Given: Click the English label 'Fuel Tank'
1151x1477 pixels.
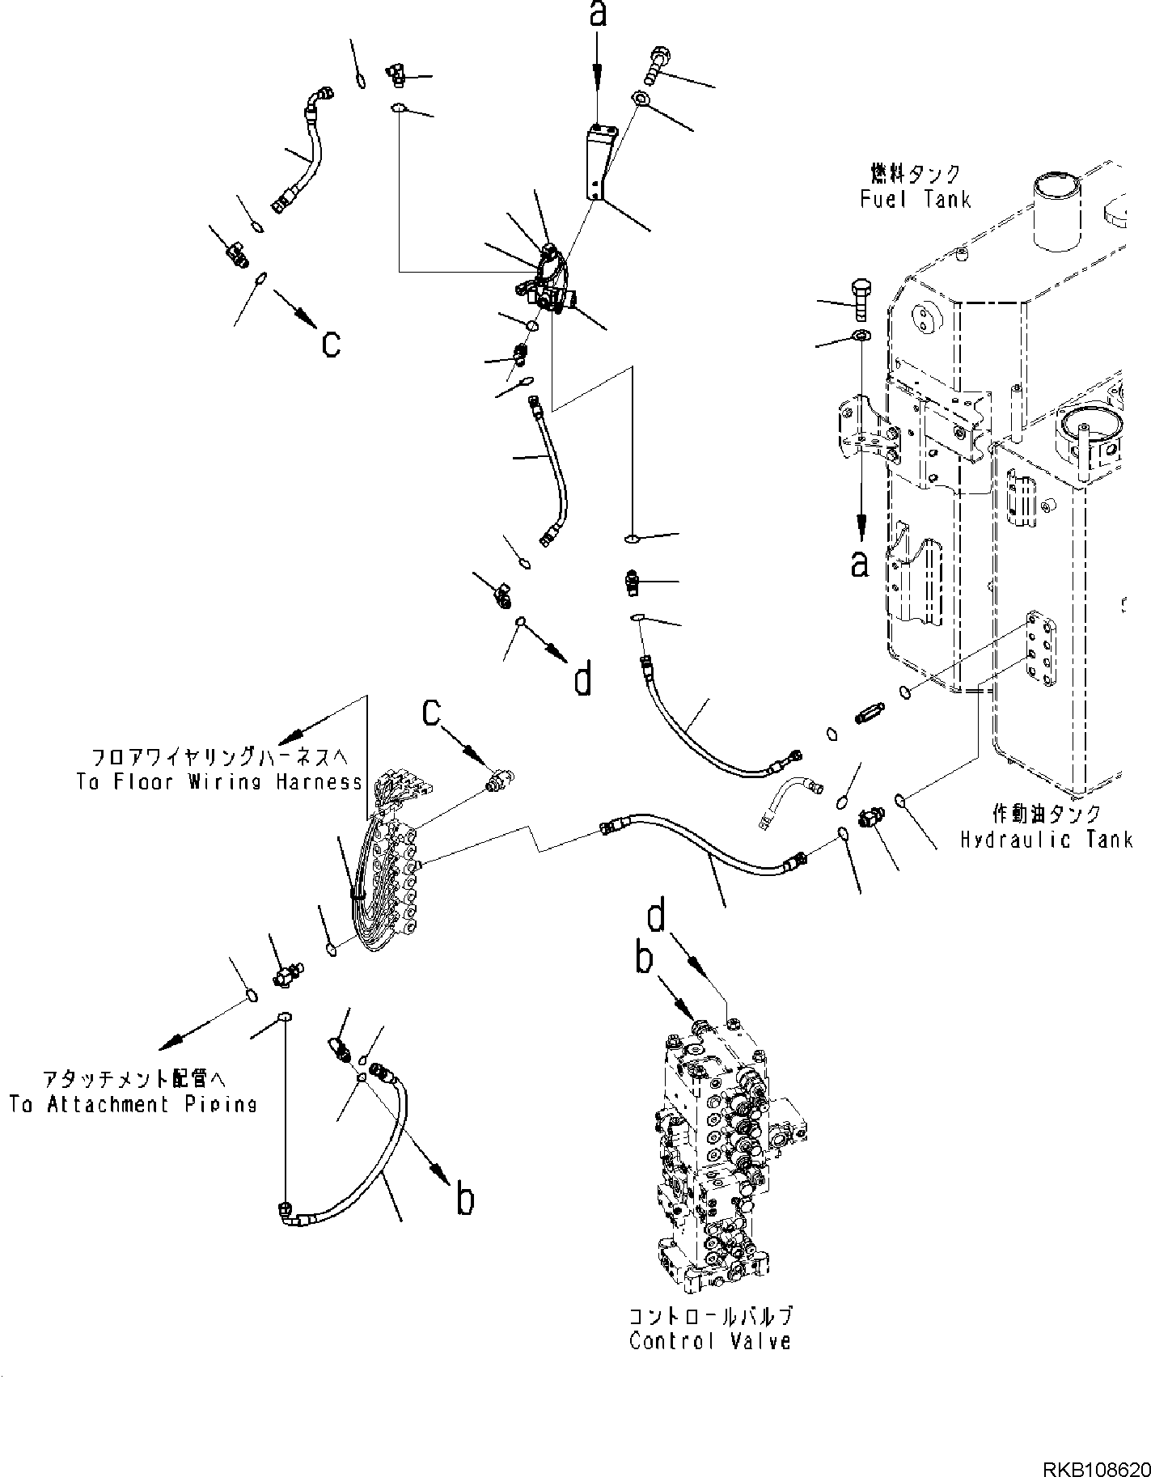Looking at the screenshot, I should pyautogui.click(x=915, y=199).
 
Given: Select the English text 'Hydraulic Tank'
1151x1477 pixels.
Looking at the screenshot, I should pyautogui.click(x=1046, y=840).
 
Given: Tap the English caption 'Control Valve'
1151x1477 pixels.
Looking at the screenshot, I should pyautogui.click(x=709, y=1340).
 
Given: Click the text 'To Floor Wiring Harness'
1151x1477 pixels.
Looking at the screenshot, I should pyautogui.click(x=219, y=781).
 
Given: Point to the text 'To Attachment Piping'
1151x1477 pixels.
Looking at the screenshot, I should pyautogui.click(x=133, y=1104).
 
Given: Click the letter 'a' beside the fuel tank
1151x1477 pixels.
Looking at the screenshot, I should pyautogui.click(x=860, y=563).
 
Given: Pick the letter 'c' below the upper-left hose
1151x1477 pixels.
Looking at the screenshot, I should pyautogui.click(x=331, y=343).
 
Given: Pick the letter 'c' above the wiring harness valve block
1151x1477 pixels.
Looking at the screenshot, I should pyautogui.click(x=432, y=711).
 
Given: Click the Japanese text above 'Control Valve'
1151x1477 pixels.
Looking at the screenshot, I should pyautogui.click(x=709, y=1315).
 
